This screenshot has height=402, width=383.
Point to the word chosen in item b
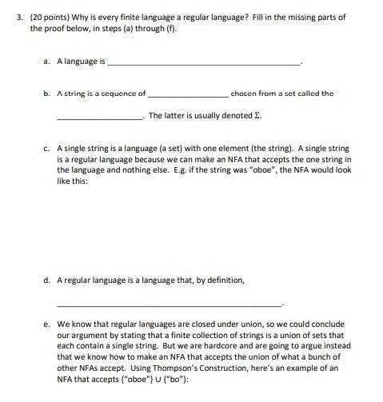pyautogui.click(x=244, y=94)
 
